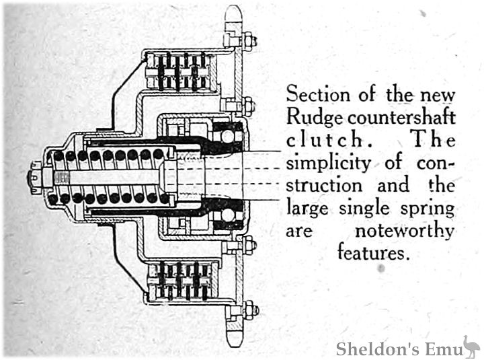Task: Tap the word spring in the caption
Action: pyautogui.click(x=428, y=208)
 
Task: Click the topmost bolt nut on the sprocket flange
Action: pyautogui.click(x=248, y=40)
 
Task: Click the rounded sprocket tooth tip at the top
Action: pyautogui.click(x=233, y=13)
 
